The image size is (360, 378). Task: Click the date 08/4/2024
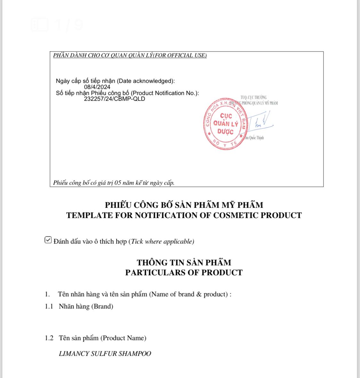(x=97, y=87)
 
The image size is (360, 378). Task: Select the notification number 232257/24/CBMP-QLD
(x=114, y=99)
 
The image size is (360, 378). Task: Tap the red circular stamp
(x=226, y=124)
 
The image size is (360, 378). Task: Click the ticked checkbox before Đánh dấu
(x=48, y=240)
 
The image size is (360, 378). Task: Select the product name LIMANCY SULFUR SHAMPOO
(x=105, y=354)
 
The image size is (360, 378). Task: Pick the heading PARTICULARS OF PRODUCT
(x=184, y=272)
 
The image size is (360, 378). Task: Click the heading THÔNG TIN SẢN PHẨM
(x=184, y=263)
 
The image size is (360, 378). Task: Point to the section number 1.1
(x=49, y=306)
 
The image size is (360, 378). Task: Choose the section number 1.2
(x=49, y=338)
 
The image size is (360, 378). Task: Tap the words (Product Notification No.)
(x=165, y=93)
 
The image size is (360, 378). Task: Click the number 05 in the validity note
(x=118, y=183)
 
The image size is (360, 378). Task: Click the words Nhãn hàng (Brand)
(x=86, y=306)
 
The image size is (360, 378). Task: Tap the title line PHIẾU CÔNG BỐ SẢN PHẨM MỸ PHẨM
(x=184, y=205)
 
